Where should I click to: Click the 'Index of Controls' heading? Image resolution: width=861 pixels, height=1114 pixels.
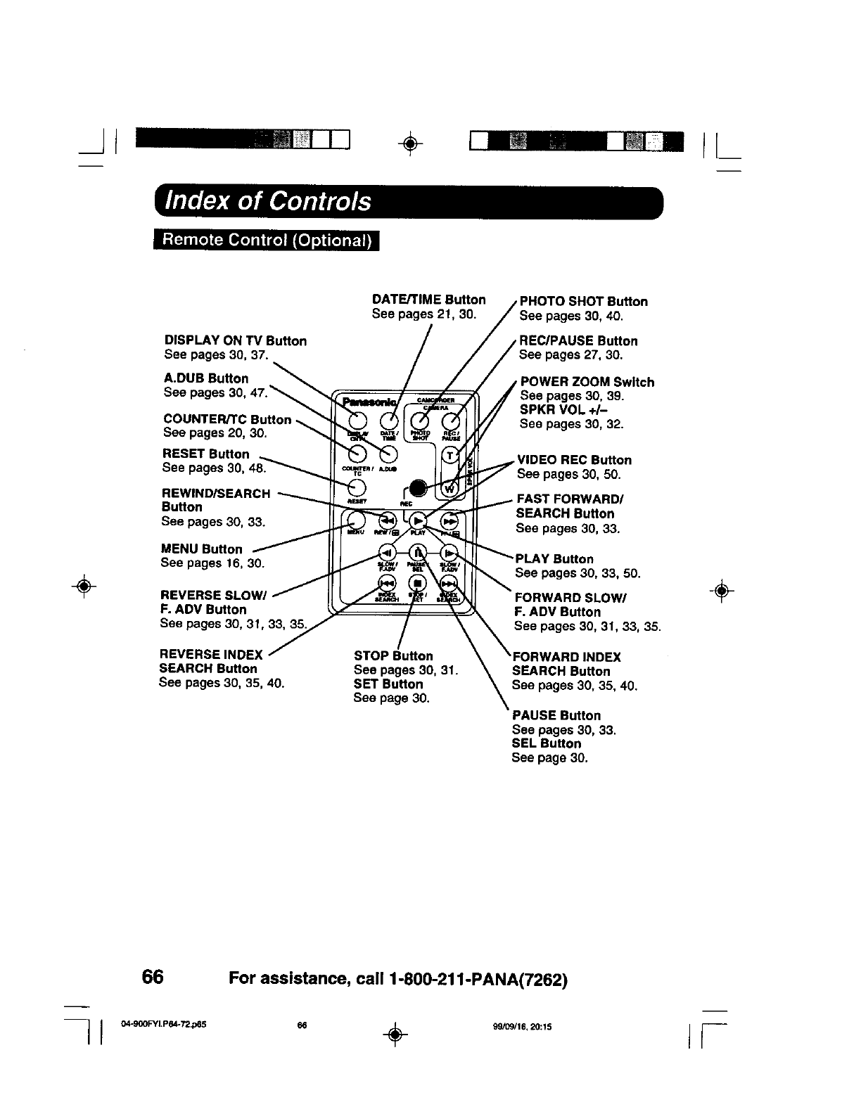click(267, 202)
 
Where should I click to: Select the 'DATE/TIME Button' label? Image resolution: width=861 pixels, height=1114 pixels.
click(428, 300)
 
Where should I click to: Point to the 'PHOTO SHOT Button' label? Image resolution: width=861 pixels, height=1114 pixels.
click(583, 302)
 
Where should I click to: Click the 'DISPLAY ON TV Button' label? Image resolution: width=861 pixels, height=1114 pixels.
click(235, 341)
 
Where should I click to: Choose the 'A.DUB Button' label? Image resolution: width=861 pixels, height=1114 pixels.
click(206, 378)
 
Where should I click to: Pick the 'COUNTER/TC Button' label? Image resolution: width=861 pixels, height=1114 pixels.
click(227, 420)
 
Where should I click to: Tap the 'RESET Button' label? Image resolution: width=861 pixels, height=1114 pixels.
click(206, 454)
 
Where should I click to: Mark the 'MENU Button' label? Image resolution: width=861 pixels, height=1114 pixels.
click(201, 549)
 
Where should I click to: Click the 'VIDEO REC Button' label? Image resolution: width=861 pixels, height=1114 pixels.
click(574, 460)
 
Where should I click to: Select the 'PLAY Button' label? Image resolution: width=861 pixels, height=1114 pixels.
click(554, 559)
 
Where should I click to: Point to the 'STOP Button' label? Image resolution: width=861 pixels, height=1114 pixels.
click(393, 656)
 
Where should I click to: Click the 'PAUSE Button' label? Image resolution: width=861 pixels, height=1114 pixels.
click(556, 716)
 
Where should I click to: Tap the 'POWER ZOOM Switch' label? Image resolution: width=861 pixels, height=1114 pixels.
click(587, 383)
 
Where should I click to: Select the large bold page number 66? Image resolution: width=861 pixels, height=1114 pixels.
click(153, 978)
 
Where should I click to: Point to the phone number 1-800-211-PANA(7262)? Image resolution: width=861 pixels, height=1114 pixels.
click(475, 979)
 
